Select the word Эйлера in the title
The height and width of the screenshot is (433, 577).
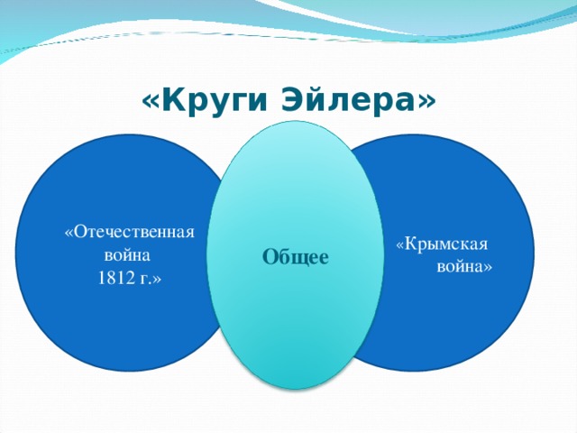pyautogui.click(x=345, y=102)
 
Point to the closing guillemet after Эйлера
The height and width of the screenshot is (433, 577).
pyautogui.click(x=426, y=102)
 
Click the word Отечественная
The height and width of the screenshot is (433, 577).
pyautogui.click(x=133, y=232)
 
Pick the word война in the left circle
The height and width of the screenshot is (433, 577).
pyautogui.click(x=127, y=254)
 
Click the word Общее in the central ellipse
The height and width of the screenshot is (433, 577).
pyautogui.click(x=295, y=258)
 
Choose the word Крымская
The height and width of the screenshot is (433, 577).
pyautogui.click(x=446, y=244)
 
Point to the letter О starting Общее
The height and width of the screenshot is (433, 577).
pyautogui.click(x=269, y=258)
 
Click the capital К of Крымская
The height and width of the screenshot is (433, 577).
pyautogui.click(x=409, y=244)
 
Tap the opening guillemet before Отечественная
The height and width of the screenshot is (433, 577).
pyautogui.click(x=69, y=233)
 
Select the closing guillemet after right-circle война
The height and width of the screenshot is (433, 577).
pyautogui.click(x=488, y=268)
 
